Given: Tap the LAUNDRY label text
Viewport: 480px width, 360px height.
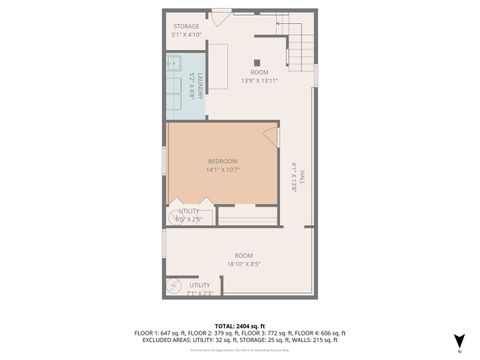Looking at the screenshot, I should coord(200,87).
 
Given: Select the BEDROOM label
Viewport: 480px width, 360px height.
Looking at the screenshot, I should coord(223,161).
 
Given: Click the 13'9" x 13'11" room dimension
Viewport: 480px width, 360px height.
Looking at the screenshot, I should coord(260,81).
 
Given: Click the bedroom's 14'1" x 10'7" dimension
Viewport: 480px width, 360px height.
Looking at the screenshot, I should coord(223,170).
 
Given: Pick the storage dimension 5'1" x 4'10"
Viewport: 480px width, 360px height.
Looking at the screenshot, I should coord(187,34).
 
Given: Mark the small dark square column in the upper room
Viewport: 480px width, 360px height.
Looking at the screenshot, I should coord(257,62).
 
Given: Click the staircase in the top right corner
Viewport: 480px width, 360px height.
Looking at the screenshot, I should coord(298,42).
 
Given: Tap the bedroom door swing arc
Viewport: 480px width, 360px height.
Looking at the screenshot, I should coord(270,135).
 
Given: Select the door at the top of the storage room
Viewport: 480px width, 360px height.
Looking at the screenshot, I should coord(220,17).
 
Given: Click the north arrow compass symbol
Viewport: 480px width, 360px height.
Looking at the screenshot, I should coord(459,341).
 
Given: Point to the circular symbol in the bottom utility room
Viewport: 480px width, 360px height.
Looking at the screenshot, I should coord(172,288).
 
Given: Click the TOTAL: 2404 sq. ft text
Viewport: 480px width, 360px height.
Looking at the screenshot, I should coord(240,326).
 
